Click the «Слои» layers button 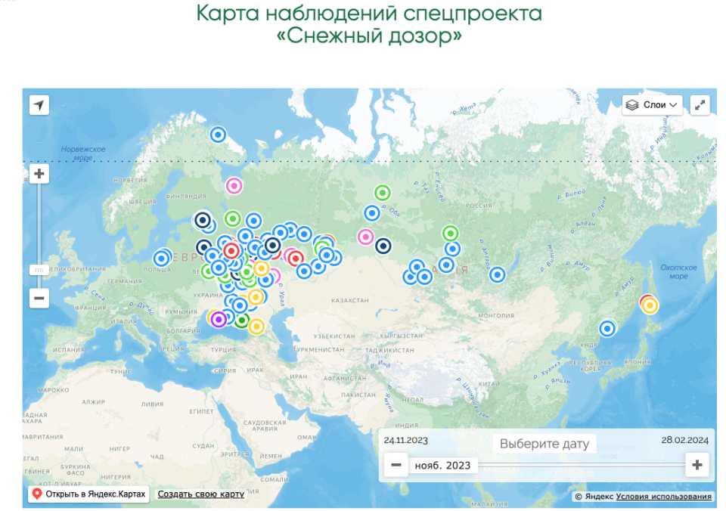click(x=653, y=105)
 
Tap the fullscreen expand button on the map click(x=700, y=105)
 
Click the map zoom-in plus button click(x=39, y=175)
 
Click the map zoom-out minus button click(x=39, y=298)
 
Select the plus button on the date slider click(x=697, y=465)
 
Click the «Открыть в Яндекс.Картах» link click(x=89, y=494)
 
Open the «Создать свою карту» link click(x=200, y=494)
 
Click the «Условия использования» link click(x=663, y=497)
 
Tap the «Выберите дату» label click(x=544, y=444)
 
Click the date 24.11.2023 click(x=406, y=440)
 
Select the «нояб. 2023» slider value click(x=442, y=465)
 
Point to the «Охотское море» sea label click(x=678, y=271)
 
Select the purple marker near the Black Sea click(x=219, y=319)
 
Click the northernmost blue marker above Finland click(x=218, y=135)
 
